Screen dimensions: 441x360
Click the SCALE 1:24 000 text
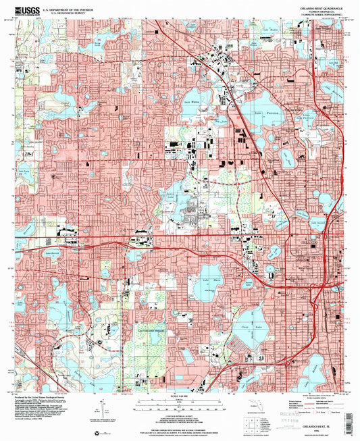pyautogui.click(x=180, y=395)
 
